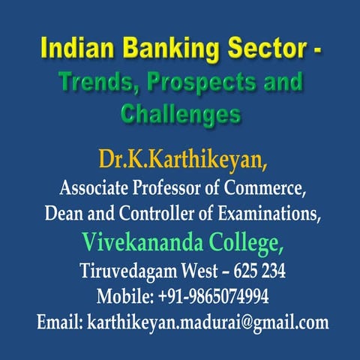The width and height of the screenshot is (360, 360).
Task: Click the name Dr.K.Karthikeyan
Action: [179, 159]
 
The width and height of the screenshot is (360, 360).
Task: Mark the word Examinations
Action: [265, 214]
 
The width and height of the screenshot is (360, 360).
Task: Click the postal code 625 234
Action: [249, 270]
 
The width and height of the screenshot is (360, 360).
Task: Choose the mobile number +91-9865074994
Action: [213, 295]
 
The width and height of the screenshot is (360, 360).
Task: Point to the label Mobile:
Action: [124, 295]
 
